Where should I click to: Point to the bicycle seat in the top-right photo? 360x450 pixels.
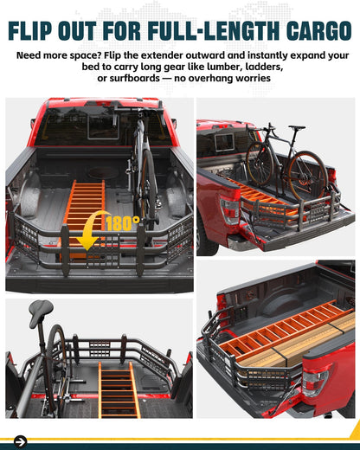pos(297,127)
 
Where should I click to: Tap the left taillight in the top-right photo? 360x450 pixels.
pos(229,211)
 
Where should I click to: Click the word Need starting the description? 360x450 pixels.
pos(32,55)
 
